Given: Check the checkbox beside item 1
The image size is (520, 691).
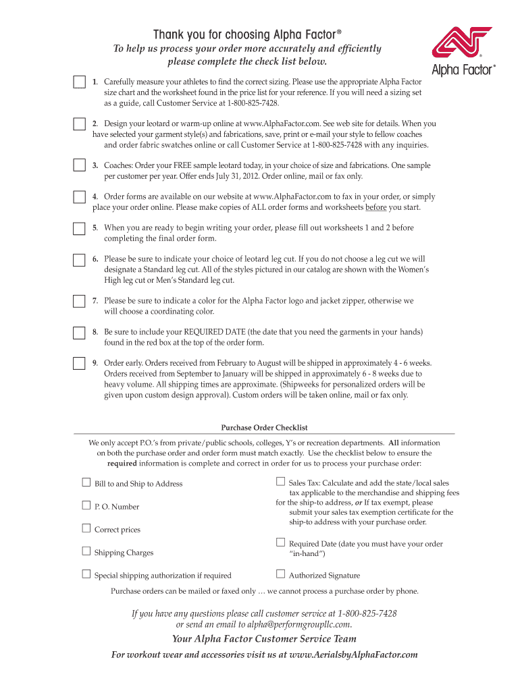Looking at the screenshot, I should click(79, 82).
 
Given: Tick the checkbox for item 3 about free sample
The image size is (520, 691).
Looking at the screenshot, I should click(79, 165).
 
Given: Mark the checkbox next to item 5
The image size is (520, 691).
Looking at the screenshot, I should click(79, 227).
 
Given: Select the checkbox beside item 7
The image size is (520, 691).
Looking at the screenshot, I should click(79, 300).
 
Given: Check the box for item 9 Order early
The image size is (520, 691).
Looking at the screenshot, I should click(79, 363).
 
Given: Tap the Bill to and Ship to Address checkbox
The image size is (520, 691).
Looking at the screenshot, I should click(86, 482).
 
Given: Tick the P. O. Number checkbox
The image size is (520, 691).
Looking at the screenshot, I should click(86, 505).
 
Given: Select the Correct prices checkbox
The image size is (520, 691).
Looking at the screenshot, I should click(86, 528).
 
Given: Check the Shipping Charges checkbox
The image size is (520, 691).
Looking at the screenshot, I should click(86, 551).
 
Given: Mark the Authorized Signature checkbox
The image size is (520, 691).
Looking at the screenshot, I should click(280, 574).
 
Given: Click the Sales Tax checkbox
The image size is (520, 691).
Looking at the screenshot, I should click(280, 482).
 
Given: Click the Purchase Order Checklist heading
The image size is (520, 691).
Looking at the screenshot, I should click(265, 427).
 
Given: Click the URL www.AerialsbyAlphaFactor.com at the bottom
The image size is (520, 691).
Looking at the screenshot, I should click(353, 655).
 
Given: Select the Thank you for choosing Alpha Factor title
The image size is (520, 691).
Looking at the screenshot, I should click(242, 34).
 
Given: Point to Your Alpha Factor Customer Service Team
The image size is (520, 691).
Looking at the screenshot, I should click(264, 638).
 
